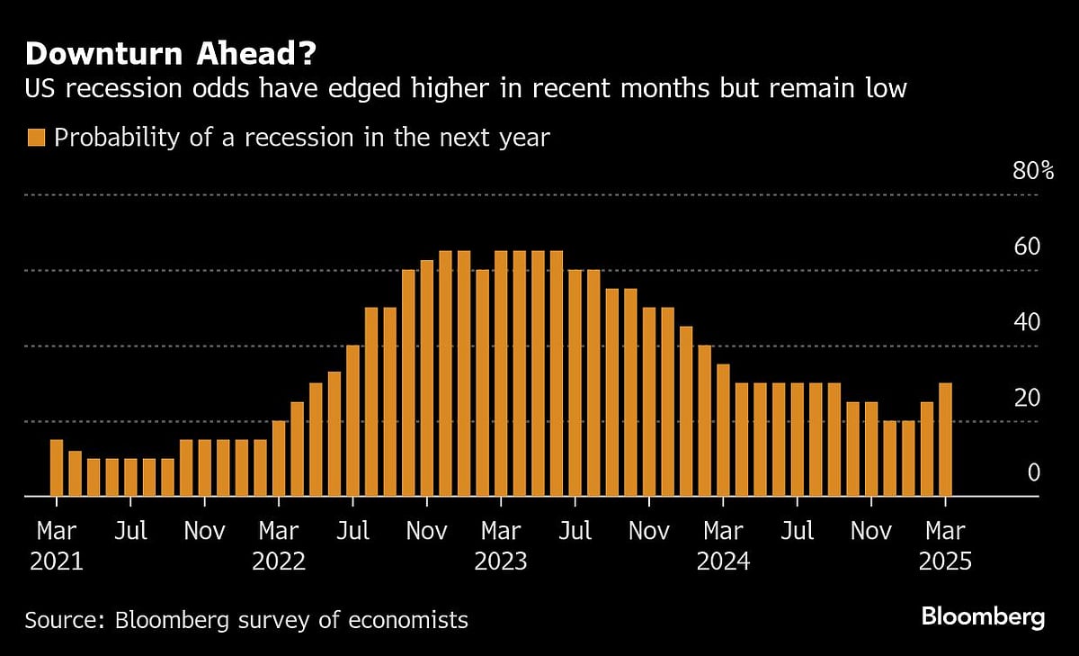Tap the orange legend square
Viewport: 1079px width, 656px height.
click(x=36, y=138)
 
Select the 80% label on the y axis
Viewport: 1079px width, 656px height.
click(x=1032, y=170)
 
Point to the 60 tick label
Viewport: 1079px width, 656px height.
click(x=1028, y=247)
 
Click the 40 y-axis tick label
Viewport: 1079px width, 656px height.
click(x=1028, y=322)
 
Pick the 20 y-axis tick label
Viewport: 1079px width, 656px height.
click(x=1028, y=398)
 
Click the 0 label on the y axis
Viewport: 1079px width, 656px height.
click(x=1033, y=473)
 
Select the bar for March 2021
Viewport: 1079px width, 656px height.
click(x=57, y=468)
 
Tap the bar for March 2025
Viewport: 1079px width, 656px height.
click(x=945, y=440)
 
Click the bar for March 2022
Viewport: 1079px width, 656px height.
click(x=279, y=459)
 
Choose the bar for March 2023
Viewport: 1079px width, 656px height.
click(x=501, y=373)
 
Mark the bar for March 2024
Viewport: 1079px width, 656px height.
click(x=723, y=430)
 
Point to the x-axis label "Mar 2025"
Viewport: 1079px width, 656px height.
click(x=945, y=546)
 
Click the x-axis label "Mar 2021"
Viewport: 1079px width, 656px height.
click(x=57, y=546)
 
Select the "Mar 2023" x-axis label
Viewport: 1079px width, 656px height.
click(x=501, y=546)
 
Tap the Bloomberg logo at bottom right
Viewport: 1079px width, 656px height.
click(x=983, y=617)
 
